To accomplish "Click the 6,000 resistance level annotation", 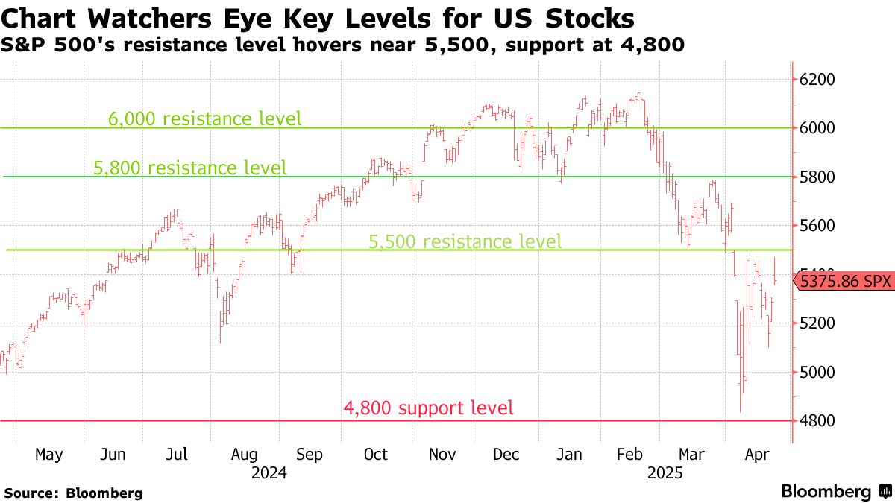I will tap(205, 118).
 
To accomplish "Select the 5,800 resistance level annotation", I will tap(190, 168).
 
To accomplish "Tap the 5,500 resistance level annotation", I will tap(465, 241).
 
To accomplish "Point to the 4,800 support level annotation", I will tap(428, 408).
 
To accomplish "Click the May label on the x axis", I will tap(49, 455).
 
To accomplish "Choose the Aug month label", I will tap(245, 455).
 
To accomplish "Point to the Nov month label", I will tap(442, 455).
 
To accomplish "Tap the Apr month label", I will tap(758, 455).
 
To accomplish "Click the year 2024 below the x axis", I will tap(270, 472).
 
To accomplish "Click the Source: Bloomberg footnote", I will tap(73, 493).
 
